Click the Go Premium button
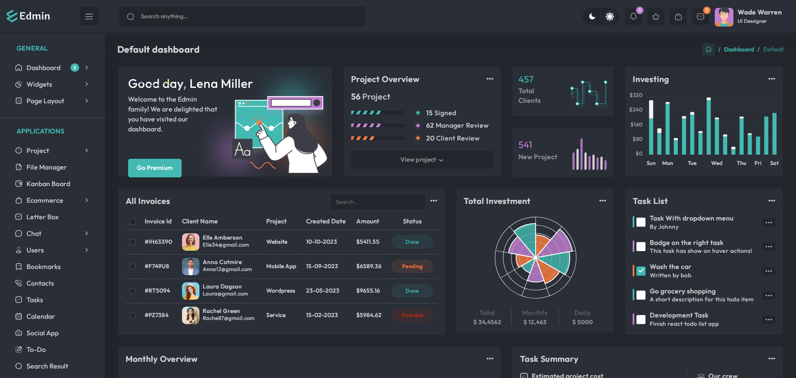coord(155,168)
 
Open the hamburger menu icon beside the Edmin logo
coord(89,17)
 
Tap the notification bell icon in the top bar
coord(633,17)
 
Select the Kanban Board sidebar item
coord(48,184)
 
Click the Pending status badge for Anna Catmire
coord(412,266)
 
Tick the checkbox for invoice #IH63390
coord(133,242)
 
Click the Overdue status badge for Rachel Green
coord(412,315)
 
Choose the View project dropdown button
coord(422,160)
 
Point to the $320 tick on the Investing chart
coord(636,95)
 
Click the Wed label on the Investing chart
coord(716,163)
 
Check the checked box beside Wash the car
coord(641,271)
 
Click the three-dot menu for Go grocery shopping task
coord(769,296)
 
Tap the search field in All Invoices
coord(377,202)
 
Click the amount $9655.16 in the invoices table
coord(368,291)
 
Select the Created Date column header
coord(325,221)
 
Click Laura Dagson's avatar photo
coord(191,291)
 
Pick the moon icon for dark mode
coord(592,17)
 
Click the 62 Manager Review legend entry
coord(457,126)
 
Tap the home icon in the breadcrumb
coord(709,49)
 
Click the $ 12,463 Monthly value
coord(535,322)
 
